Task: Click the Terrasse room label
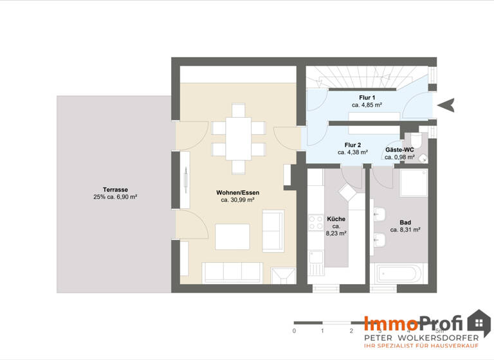coord(115,190)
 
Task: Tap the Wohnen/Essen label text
coord(237,192)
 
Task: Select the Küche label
coord(336,219)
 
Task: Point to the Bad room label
coord(405,222)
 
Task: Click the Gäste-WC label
coord(399,149)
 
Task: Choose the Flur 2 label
coord(352,145)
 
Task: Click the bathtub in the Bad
coord(397,273)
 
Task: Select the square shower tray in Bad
coord(414,182)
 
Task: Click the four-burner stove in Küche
coord(316,222)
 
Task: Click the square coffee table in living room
coord(233,236)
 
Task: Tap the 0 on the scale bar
coord(294,330)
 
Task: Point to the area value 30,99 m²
coord(237,200)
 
